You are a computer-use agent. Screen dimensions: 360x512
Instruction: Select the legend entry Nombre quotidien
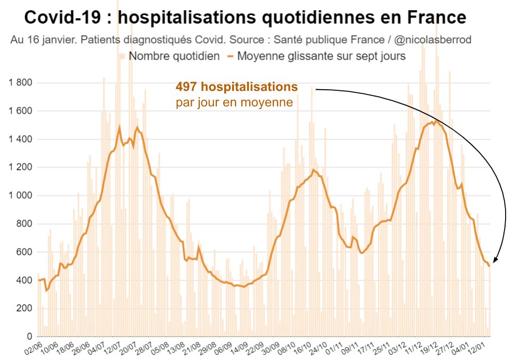174,56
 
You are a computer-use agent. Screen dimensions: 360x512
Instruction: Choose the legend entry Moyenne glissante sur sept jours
321,56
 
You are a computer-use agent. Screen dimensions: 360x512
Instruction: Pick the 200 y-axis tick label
24,308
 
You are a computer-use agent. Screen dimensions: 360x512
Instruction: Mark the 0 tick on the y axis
29,336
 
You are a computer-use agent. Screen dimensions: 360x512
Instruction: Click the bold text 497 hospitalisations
237,87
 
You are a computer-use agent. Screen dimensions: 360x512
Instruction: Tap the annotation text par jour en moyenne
234,102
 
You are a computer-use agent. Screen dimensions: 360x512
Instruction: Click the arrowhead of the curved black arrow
494,261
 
